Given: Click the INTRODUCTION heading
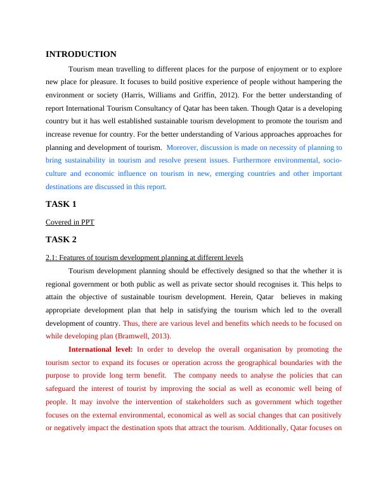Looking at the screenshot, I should click(81, 54).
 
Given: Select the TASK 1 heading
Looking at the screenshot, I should click(61, 204).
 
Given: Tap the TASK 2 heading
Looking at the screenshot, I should click(61, 240).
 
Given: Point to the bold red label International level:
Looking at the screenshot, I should click(100, 349).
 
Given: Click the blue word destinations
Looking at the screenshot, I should click(66, 187).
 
